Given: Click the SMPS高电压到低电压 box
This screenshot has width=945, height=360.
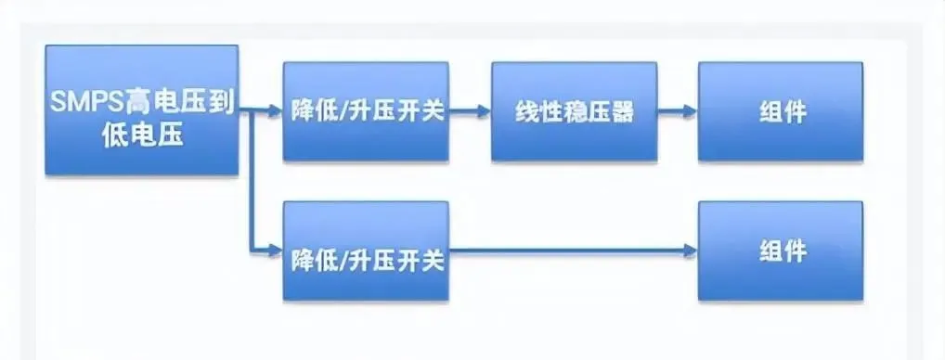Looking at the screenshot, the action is pos(142,110).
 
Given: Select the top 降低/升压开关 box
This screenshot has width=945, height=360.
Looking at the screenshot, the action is pos(366,111).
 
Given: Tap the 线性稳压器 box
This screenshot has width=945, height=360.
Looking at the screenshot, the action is pos(574,111).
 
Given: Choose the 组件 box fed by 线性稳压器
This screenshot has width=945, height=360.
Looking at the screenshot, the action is pos(781,111).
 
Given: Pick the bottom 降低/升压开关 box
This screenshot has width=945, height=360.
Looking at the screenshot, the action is pos(366,251).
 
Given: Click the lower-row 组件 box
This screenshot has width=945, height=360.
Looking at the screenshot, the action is pos(781,251).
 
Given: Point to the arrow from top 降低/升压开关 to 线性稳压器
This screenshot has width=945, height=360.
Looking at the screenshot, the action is pos(470,111).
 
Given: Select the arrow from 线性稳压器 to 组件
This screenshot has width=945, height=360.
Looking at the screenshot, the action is pos(678,111).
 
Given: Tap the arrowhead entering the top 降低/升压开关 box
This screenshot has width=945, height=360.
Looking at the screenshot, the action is pos(276,111).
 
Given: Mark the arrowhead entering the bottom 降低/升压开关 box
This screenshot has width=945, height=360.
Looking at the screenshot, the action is pos(276,251).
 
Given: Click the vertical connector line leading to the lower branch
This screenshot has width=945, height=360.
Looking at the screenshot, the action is pos(251,181).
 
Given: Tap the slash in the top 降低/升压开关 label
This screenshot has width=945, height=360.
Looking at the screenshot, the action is pos(342,111).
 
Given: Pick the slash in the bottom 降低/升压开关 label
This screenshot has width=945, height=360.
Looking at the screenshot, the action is pos(342,261).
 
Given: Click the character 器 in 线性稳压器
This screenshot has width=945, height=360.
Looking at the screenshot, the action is pos(621,111).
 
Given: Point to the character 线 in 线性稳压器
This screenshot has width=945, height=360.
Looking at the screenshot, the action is pos(526,111).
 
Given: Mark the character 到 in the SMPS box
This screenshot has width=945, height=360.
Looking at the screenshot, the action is pos(222,104).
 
